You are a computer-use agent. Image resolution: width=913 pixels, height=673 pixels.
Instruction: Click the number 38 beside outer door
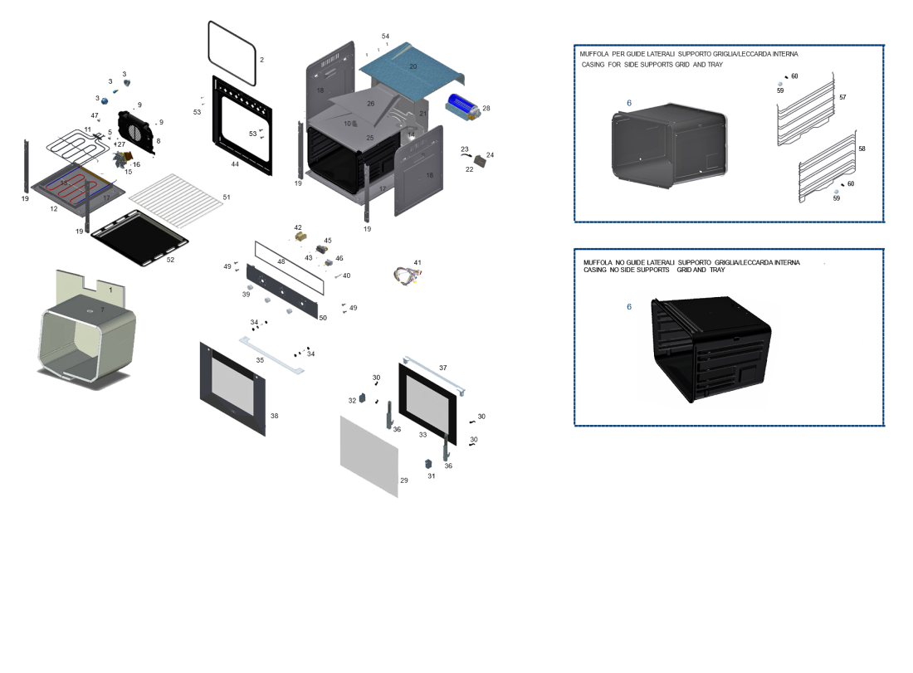(274, 416)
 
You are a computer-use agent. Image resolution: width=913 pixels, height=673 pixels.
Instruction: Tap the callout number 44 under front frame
(235, 164)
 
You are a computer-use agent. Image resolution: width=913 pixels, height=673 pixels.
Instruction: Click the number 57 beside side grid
(842, 97)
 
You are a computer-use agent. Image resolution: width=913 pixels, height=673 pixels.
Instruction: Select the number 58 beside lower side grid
(862, 149)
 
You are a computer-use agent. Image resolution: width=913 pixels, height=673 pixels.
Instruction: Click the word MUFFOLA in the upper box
(594, 54)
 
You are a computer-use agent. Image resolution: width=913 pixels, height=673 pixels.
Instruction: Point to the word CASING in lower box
(595, 270)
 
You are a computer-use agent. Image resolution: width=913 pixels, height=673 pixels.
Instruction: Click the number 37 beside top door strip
(443, 368)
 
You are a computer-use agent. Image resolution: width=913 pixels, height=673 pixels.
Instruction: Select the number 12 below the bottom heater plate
(54, 209)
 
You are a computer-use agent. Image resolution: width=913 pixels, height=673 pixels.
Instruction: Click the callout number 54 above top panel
(385, 37)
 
